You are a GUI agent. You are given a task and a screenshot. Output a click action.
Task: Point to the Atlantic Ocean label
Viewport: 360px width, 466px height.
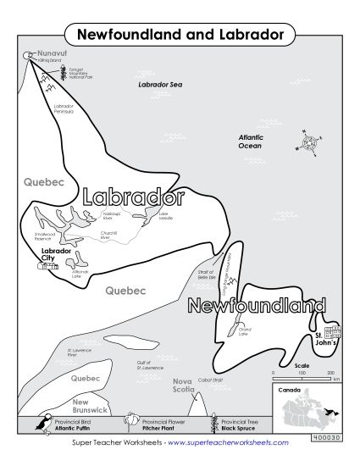tap(250, 141)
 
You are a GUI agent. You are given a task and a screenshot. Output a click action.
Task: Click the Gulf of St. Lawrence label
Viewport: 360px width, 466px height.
tap(150, 366)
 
